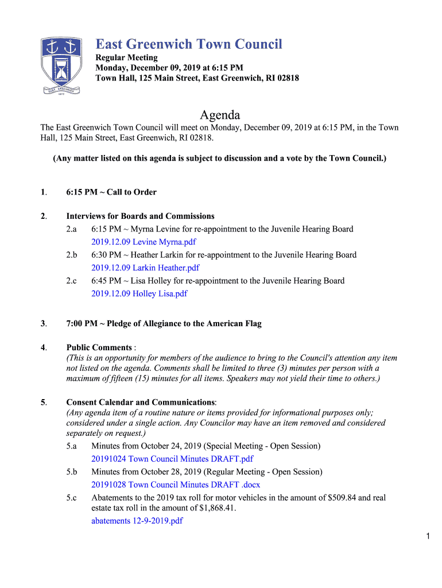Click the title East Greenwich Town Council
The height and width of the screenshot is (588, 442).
[189, 44]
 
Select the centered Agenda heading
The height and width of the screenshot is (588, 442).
[220, 115]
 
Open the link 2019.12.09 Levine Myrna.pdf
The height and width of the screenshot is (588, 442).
[144, 242]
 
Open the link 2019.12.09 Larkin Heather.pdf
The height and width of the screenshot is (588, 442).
[145, 268]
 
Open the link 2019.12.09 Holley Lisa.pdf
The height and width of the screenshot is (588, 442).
[139, 293]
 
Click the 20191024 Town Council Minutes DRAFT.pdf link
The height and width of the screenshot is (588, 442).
[172, 459]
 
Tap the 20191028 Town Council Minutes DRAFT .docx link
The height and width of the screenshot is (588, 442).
[176, 485]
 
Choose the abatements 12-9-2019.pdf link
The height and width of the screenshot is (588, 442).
[137, 521]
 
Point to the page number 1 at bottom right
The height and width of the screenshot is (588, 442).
[428, 536]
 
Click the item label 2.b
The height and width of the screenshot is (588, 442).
[71, 255]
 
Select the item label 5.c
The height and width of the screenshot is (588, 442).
[71, 498]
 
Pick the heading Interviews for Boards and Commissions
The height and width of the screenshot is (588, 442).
[141, 216]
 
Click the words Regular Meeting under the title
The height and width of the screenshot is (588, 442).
[126, 58]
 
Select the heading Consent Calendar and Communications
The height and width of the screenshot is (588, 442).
[141, 403]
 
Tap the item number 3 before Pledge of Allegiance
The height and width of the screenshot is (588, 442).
[43, 324]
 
